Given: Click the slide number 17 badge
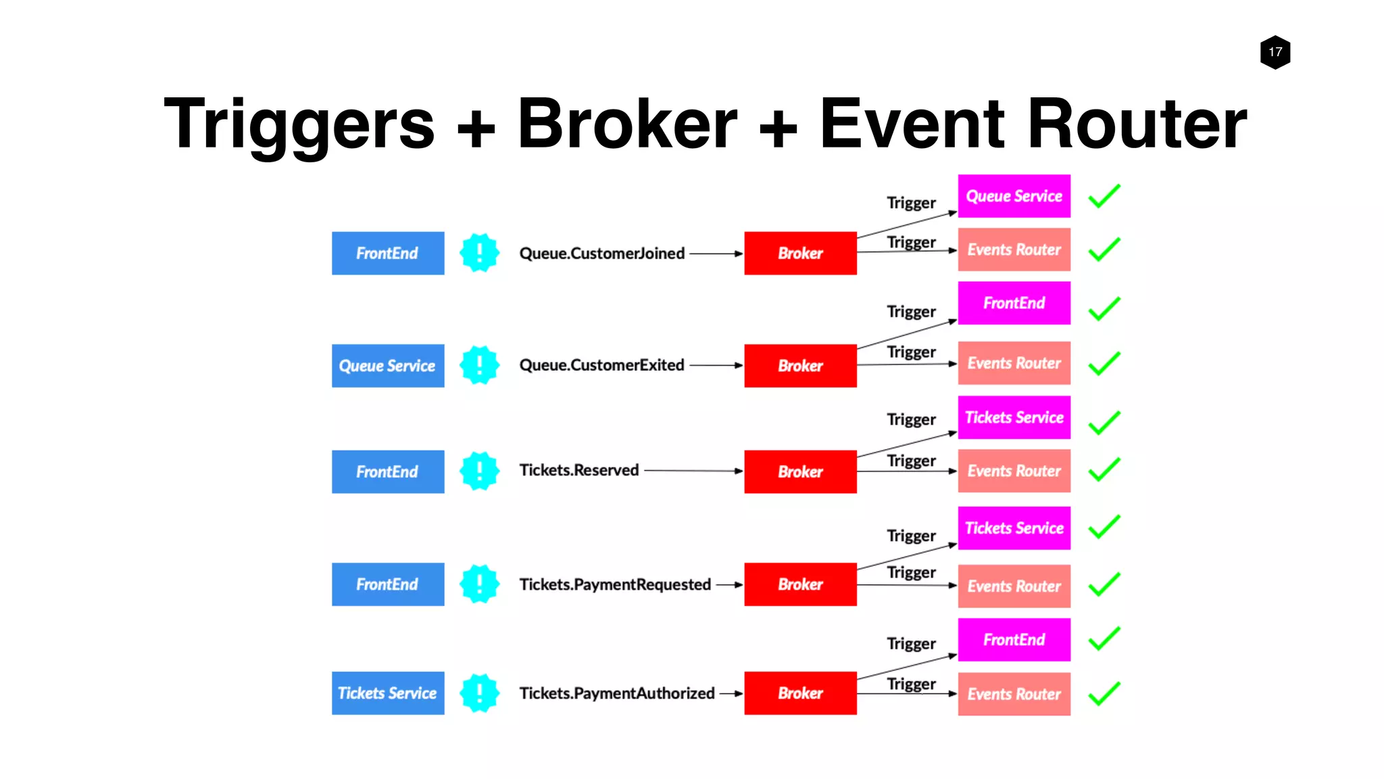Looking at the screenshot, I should (x=1275, y=52).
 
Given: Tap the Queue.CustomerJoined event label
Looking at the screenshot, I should (x=601, y=254).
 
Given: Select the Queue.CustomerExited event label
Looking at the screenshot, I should (x=601, y=365).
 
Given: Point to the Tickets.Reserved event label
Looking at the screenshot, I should (x=578, y=470).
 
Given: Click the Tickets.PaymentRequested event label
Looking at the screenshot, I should (x=614, y=584).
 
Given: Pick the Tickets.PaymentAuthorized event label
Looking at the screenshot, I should (x=616, y=693).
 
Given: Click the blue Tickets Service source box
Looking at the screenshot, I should (x=388, y=693).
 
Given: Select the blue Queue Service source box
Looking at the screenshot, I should (x=388, y=366).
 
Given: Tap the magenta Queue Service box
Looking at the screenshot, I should (x=1014, y=196).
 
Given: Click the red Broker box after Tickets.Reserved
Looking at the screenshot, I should (x=800, y=471).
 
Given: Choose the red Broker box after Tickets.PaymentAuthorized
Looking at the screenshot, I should (x=800, y=693).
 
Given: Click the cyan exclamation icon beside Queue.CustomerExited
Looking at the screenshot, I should (x=479, y=365).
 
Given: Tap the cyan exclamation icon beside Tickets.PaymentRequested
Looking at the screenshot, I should (x=479, y=584).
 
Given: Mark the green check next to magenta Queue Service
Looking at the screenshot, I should (x=1104, y=196).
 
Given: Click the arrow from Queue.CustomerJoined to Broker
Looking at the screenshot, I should (x=715, y=254).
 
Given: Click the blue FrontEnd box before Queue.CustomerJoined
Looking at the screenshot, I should (x=388, y=254).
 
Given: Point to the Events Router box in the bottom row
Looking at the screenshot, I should (x=1014, y=694).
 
